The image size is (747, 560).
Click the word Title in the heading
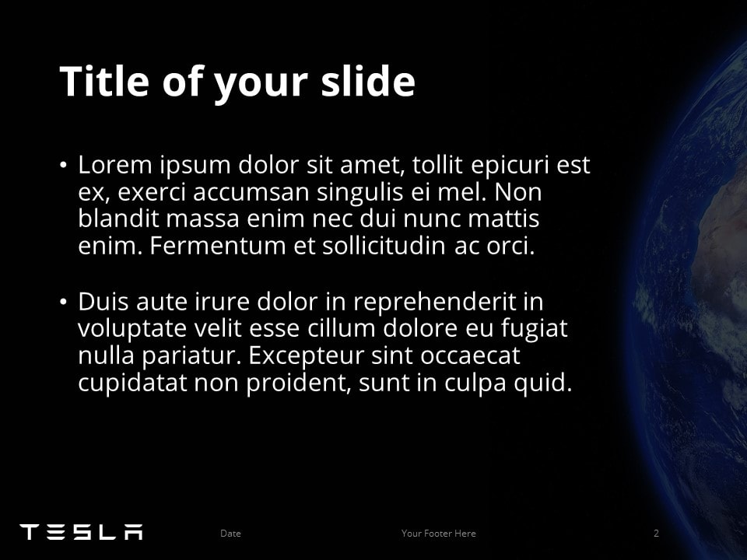(104, 81)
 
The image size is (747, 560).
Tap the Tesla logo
(82, 532)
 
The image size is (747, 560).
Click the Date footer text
(230, 534)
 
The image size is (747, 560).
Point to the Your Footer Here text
(439, 534)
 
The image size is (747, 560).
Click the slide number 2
(656, 534)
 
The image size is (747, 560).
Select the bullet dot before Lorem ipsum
(63, 165)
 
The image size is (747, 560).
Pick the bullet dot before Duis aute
(63, 302)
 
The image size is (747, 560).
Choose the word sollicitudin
(384, 247)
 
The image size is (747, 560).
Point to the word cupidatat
(132, 383)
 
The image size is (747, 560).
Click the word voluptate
(132, 328)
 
